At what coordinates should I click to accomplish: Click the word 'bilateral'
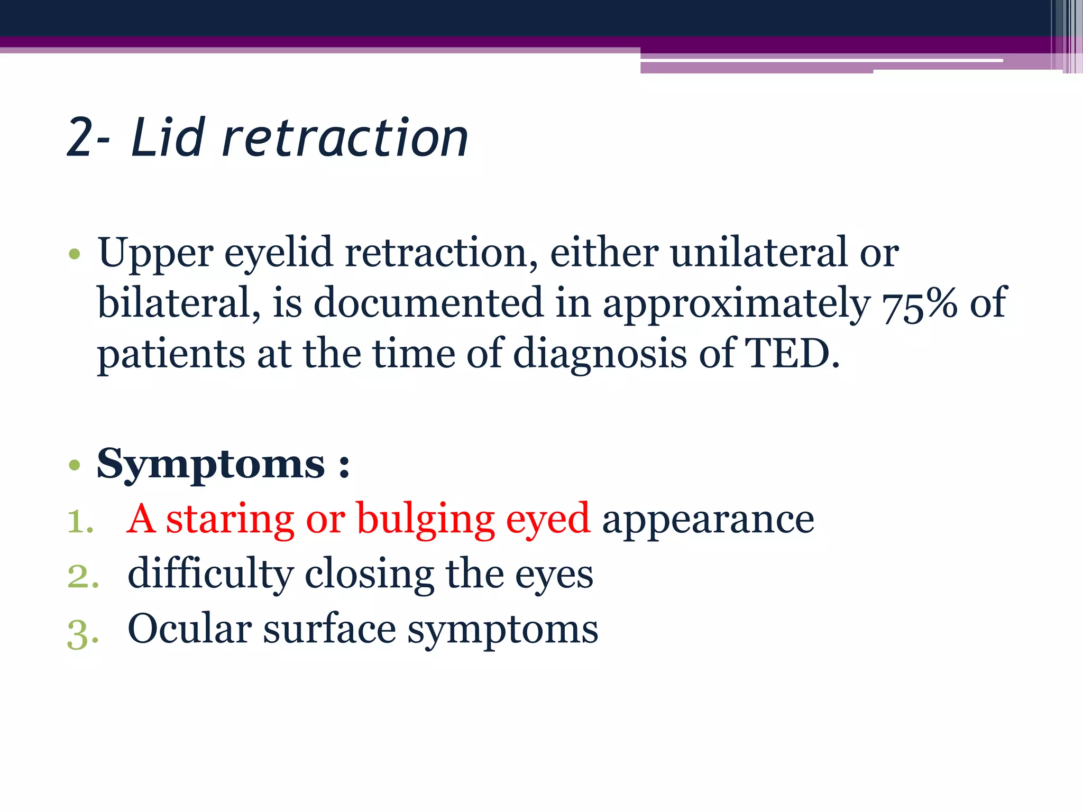(177, 303)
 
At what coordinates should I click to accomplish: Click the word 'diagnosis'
(600, 354)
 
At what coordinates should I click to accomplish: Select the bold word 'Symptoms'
(210, 464)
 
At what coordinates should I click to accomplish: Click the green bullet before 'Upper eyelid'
(74, 254)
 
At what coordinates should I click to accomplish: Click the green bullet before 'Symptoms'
(74, 465)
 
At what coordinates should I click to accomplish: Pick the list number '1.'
(80, 521)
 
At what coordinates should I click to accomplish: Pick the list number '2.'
(83, 576)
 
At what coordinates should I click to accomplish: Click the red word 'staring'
(230, 520)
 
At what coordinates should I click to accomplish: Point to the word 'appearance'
(708, 520)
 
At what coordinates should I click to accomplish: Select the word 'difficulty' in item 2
(210, 575)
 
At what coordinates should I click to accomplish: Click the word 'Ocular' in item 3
(189, 629)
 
